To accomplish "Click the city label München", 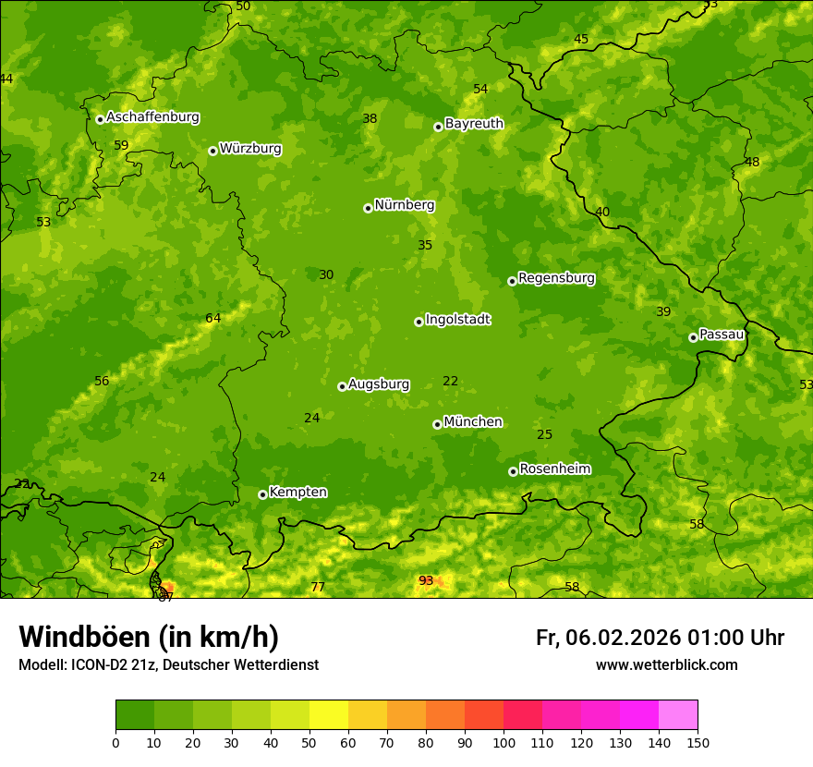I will [x=473, y=422].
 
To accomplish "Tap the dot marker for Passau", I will [x=693, y=337].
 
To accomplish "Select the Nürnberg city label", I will [x=404, y=205].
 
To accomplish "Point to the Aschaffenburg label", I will [x=152, y=117].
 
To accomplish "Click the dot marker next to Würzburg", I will [x=212, y=151].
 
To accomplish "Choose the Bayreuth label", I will [x=474, y=124].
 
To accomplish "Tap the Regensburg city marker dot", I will [x=512, y=281].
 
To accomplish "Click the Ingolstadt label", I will [x=457, y=320].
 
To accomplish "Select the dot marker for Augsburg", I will [x=342, y=386].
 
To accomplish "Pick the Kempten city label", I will [x=297, y=493].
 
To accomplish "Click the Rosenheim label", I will [x=554, y=469].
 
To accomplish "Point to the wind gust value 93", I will [x=426, y=581].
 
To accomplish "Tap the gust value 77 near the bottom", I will [x=318, y=588].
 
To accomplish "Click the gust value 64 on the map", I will [x=213, y=319].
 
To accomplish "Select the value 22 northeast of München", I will [x=451, y=382].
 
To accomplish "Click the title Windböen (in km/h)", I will [x=149, y=637].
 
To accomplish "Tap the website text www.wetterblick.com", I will [x=666, y=665].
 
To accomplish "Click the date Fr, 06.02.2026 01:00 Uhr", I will [x=660, y=638].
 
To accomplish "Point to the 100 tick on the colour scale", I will [x=504, y=742].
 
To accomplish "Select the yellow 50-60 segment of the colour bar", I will [x=329, y=715].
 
